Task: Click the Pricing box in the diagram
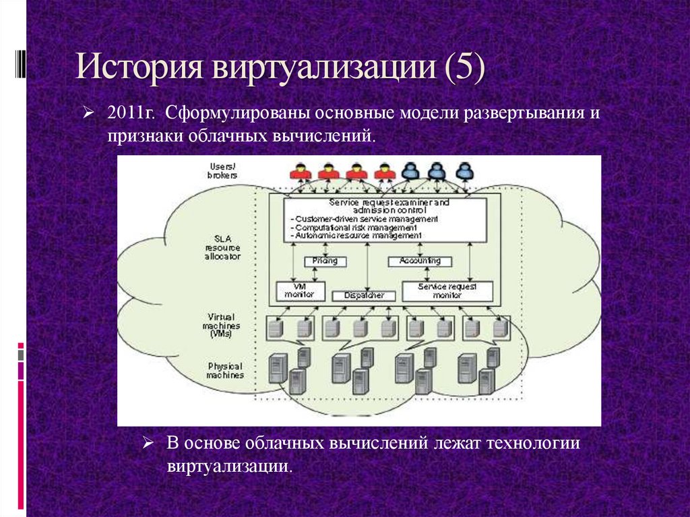pyautogui.click(x=325, y=261)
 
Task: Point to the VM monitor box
pyautogui.click(x=301, y=291)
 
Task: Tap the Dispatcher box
pyautogui.click(x=363, y=295)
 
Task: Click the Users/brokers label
pyautogui.click(x=222, y=171)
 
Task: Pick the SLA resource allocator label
pyautogui.click(x=223, y=247)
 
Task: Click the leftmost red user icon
pyautogui.click(x=301, y=171)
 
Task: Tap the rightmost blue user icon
pyautogui.click(x=463, y=171)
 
